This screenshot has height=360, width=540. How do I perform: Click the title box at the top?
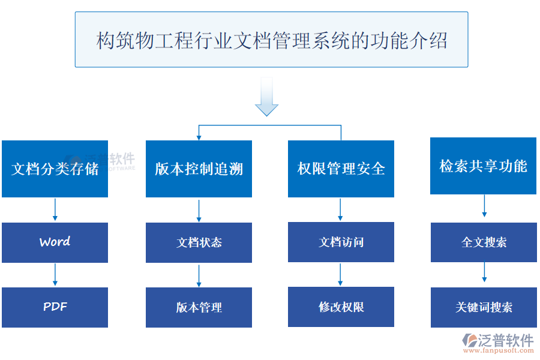(271, 40)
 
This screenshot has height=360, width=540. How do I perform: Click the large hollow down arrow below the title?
(266, 97)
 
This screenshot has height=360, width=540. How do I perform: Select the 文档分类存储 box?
(55, 169)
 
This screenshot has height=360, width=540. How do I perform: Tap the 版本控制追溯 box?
(199, 169)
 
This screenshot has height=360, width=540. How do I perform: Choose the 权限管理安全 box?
(341, 169)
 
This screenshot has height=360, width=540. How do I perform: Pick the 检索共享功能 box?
(483, 166)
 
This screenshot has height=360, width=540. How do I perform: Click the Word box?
(55, 242)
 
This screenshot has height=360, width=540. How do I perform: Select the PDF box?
(55, 307)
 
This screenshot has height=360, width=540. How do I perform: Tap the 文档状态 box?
(199, 242)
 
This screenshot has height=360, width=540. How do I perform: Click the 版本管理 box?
(199, 307)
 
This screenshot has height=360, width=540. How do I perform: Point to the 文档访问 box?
(341, 242)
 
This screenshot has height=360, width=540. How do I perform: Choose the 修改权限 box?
(341, 307)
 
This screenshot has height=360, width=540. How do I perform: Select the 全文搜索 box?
(484, 242)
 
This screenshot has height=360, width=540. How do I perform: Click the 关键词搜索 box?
(484, 307)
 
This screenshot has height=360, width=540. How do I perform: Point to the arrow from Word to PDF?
(55, 275)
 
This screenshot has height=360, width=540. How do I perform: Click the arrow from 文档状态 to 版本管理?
(199, 275)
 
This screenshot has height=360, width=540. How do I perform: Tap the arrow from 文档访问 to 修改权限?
(341, 274)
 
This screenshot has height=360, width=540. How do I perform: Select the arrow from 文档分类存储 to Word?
(55, 209)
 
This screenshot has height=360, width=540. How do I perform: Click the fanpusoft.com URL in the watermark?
(497, 352)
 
